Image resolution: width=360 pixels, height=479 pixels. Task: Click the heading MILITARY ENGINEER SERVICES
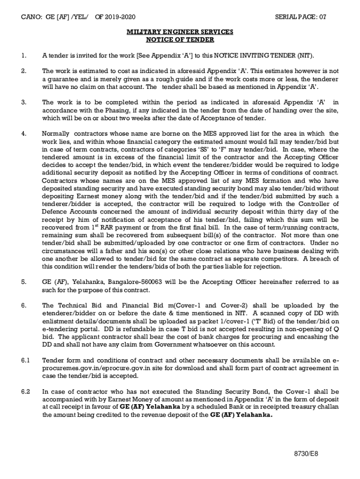[180, 32]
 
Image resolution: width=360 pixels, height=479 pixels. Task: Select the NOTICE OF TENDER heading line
[180, 40]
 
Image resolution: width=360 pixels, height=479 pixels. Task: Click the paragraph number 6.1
[25, 360]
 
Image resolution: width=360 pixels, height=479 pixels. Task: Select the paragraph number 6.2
[25, 391]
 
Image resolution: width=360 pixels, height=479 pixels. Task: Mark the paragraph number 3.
[23, 102]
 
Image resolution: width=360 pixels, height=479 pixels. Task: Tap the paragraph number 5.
[23, 282]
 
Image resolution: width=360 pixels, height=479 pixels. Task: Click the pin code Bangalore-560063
[137, 282]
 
